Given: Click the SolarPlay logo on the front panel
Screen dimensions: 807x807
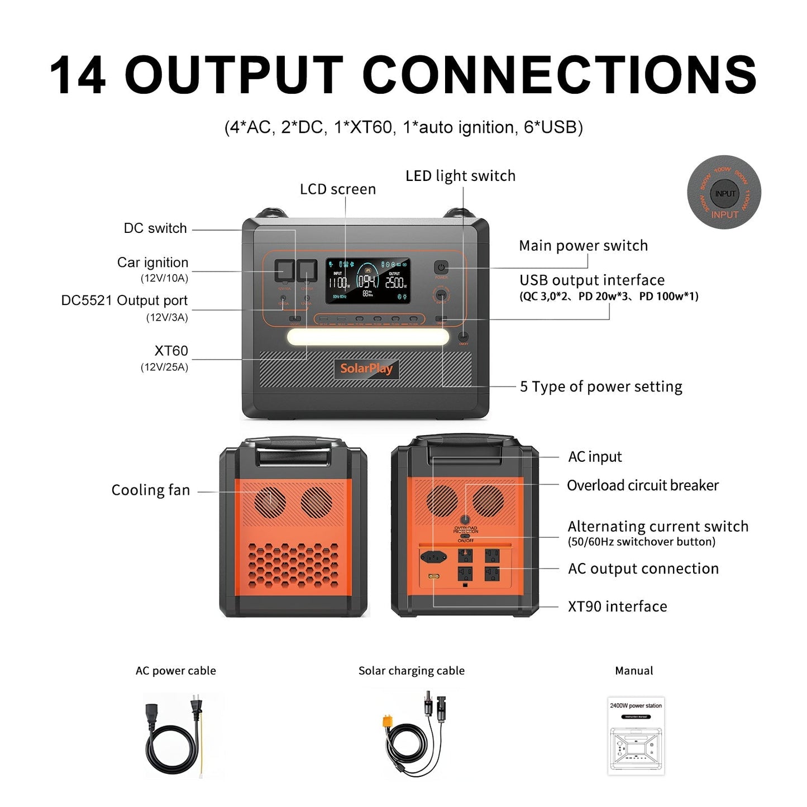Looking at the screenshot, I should pos(366,368).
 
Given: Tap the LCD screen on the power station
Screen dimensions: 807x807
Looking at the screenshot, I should pos(368,281).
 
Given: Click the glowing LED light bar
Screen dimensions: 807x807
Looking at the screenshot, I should pos(368,337).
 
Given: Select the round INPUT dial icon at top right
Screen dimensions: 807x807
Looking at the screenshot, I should pos(724,193).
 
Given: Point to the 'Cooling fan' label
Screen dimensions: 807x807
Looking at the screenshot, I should pos(151,490).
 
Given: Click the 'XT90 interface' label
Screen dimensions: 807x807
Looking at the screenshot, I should pos(617,607).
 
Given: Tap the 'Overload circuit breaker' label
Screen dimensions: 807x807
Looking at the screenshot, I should pos(642,485).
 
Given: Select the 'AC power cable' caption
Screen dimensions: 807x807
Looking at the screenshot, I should pos(175,671).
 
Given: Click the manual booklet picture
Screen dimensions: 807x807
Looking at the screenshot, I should pos(636,736).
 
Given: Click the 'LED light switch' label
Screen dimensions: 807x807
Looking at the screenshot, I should pos(460,176).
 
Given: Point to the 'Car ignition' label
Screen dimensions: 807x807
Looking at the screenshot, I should pos(152,262).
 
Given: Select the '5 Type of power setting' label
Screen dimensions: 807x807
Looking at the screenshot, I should pos(601,386).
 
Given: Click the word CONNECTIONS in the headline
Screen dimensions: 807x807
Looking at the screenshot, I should pos(560,75).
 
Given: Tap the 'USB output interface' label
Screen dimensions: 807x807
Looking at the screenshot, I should pos(592,280).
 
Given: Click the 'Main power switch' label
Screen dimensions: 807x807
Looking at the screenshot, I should pos(583,246).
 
